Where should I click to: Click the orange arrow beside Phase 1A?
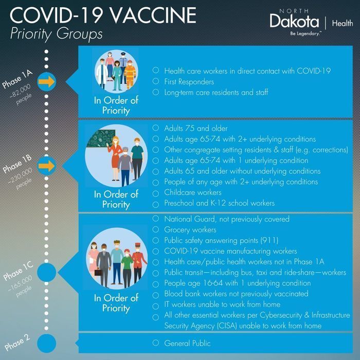coord(47,81)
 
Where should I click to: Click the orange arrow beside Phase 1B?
coord(47,166)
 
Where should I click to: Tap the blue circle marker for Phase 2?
coord(47,343)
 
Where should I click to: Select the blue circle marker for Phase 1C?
coord(47,272)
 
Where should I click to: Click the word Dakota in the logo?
coord(294,21)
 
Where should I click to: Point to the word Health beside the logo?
coord(343,23)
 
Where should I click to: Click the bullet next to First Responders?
coord(156,81)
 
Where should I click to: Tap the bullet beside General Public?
coord(156,343)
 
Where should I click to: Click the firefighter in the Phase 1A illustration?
coord(130,74)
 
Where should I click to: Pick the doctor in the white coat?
coord(102,74)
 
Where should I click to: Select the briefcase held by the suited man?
coord(98,272)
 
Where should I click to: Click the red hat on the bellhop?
coord(138,245)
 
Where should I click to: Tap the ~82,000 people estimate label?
coord(21,95)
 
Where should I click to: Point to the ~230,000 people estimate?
coord(21,179)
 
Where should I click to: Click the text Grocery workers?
coord(190,230)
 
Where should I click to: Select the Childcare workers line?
coord(193,192)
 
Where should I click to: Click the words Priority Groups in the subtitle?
coord(56,34)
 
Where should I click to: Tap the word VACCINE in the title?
coord(154,15)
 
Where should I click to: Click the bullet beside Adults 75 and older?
coord(156,128)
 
